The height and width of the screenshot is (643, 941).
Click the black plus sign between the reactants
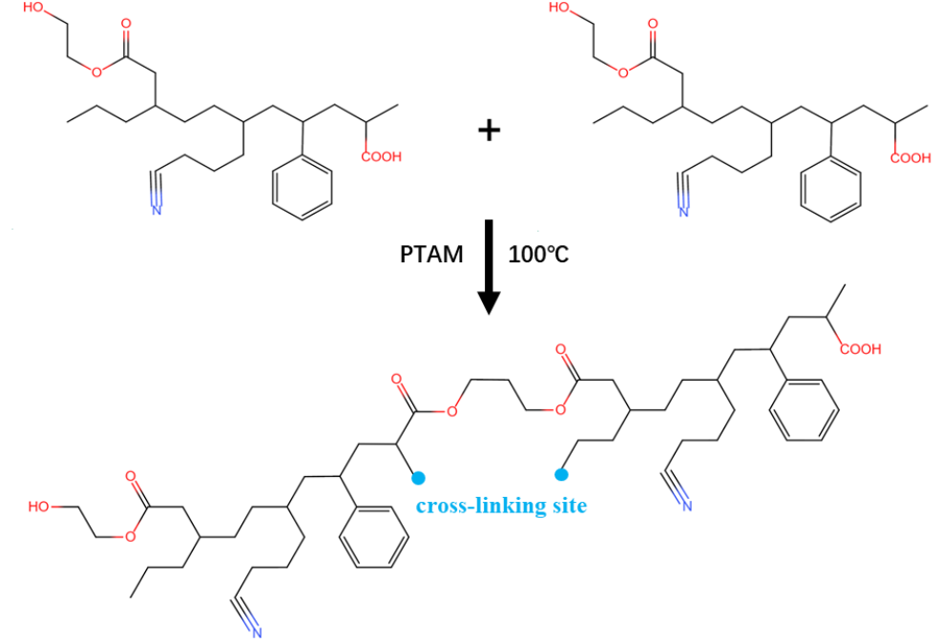pos(489,130)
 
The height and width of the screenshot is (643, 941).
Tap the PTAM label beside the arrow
pos(431,255)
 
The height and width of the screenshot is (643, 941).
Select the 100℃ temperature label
pos(538,255)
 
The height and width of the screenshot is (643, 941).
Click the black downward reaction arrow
pos(489,267)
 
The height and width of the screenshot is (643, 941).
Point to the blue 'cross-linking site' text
pos(502,506)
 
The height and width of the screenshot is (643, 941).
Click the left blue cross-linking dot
pos(418,478)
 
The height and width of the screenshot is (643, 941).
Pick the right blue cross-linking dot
pos(561,475)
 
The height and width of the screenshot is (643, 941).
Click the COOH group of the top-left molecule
pos(382,156)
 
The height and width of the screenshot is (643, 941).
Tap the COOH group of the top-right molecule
pos(910,157)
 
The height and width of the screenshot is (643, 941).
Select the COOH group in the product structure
pos(861,348)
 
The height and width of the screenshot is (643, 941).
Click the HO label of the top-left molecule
pos(33,8)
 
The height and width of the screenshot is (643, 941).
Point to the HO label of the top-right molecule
pos(560,8)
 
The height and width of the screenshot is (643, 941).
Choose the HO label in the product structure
pos(39,507)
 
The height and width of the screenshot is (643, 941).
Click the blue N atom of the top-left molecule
pos(157,209)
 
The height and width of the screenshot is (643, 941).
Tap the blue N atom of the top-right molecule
pos(683,211)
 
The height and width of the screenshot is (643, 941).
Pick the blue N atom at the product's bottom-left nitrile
pos(258,633)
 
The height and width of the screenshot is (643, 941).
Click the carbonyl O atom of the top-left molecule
pos(126,24)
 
